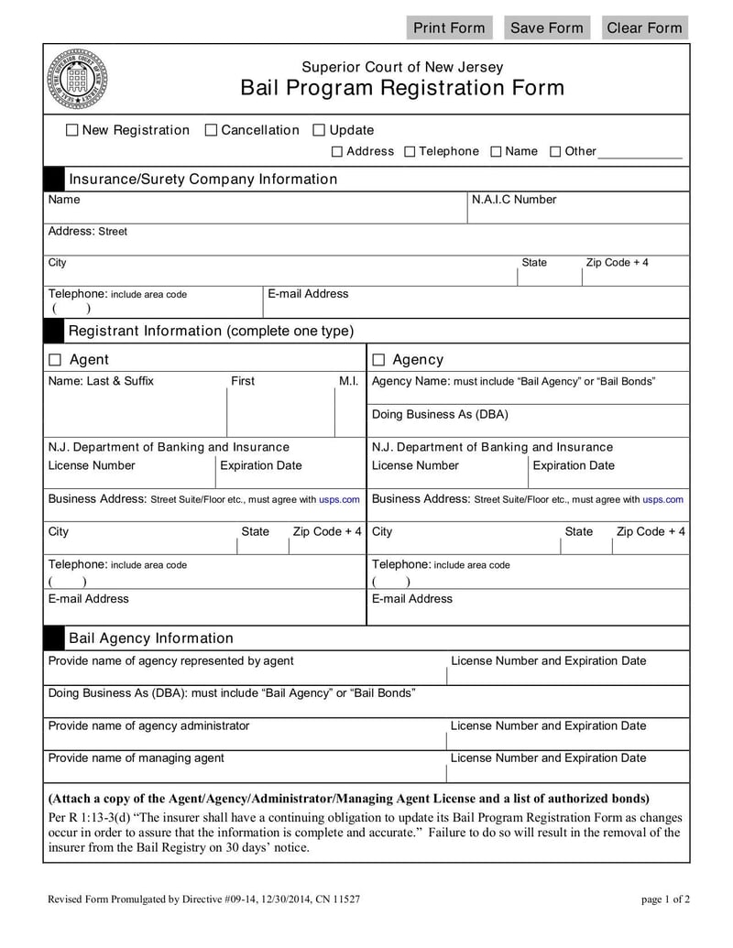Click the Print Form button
tap(449, 27)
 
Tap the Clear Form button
tap(644, 27)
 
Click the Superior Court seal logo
tap(77, 79)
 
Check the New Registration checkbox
tap(72, 131)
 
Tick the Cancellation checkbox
tap(211, 131)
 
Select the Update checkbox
tap(319, 131)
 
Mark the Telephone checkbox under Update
tap(410, 152)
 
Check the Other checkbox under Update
tap(555, 152)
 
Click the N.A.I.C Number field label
tap(513, 200)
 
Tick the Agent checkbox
tap(55, 360)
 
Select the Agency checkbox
tap(378, 360)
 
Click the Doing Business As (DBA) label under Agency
tap(440, 414)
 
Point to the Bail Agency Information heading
tap(151, 638)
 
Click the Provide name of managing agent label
tap(136, 757)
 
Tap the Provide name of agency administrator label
tap(148, 725)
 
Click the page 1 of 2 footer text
tap(665, 899)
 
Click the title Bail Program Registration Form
tap(402, 88)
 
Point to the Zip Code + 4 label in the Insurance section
tap(617, 263)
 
